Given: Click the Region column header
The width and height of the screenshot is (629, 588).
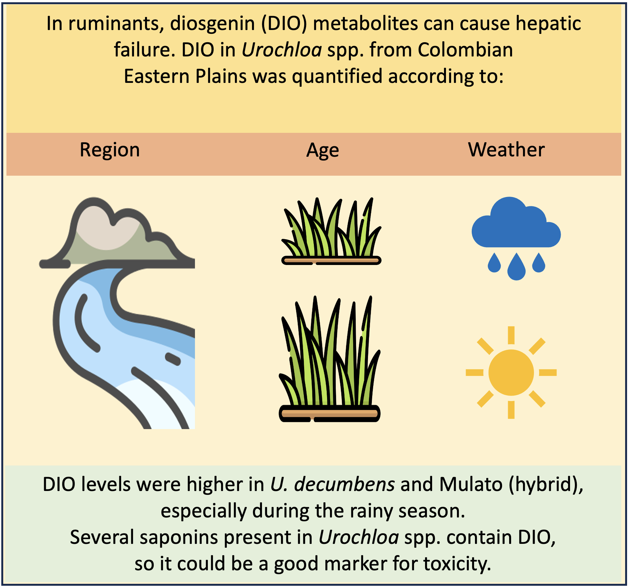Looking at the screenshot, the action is pyautogui.click(x=110, y=150).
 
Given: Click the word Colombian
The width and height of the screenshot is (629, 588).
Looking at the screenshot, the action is pyautogui.click(x=465, y=50).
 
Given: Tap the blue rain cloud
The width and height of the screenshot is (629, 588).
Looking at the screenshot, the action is pyautogui.click(x=516, y=222).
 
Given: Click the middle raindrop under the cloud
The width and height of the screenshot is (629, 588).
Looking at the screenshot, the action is pyautogui.click(x=517, y=267).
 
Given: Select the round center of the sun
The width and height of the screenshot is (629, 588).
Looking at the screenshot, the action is pyautogui.click(x=511, y=373).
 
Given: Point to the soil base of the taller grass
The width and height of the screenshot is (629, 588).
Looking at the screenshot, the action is pyautogui.click(x=329, y=414).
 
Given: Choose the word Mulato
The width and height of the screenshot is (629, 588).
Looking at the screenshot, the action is pyautogui.click(x=471, y=485).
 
